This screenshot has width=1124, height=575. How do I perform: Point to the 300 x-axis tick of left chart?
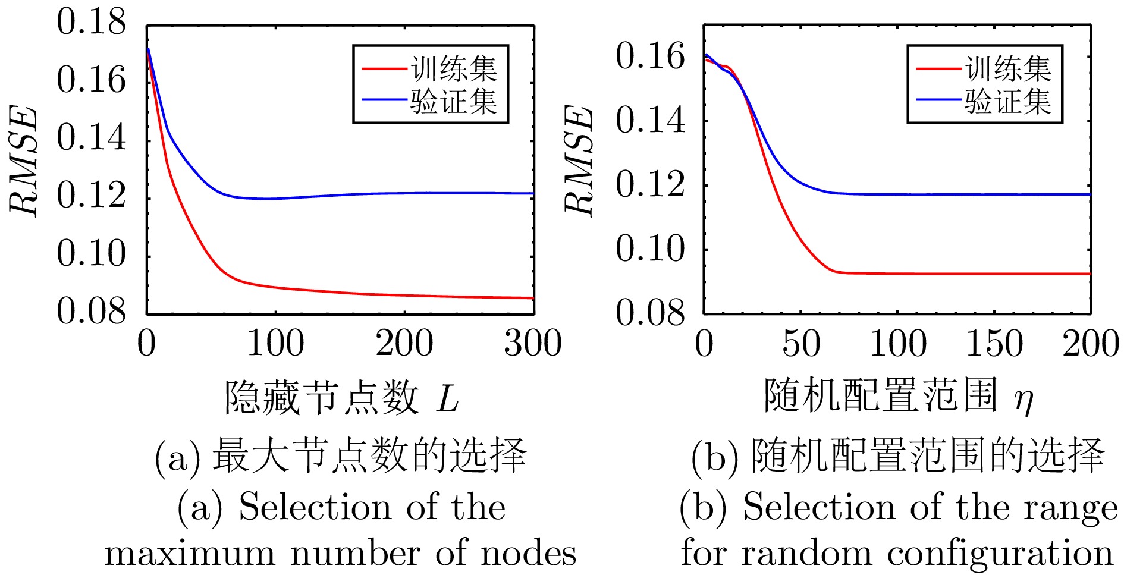coord(532,344)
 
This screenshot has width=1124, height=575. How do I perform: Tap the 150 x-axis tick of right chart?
coord(994,344)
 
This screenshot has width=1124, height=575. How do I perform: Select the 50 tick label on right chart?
coord(801,344)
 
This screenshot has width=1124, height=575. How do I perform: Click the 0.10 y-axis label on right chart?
coord(650,249)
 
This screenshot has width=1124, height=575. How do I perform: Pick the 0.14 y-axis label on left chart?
coord(92,138)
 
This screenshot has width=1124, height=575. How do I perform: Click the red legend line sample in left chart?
coord(384,69)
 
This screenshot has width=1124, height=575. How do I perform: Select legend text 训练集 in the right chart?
coord(1009,69)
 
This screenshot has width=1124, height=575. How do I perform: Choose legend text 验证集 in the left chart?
coord(454,101)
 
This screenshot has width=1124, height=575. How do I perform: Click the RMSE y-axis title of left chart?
coord(24,161)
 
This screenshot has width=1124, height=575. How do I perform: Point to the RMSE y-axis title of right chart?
coord(579,161)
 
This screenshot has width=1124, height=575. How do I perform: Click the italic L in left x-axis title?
coord(447,398)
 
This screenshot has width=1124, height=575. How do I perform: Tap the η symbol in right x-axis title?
coord(1024,400)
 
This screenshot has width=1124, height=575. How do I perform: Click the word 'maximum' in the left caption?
coord(190,554)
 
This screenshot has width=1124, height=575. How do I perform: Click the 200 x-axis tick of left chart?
coord(404,344)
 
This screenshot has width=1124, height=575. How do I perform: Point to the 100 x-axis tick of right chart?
coord(897,344)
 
